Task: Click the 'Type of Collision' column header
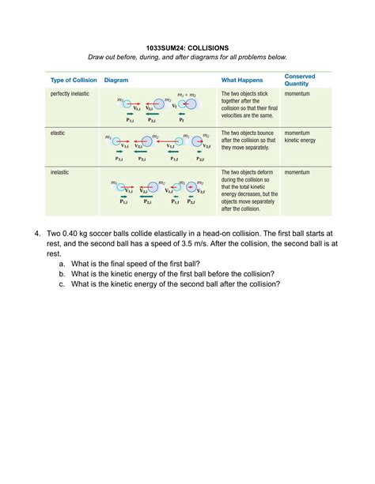pos(73,81)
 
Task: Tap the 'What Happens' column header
pos(243,81)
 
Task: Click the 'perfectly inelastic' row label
pos(71,94)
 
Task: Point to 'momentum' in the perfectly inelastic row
pos(297,94)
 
